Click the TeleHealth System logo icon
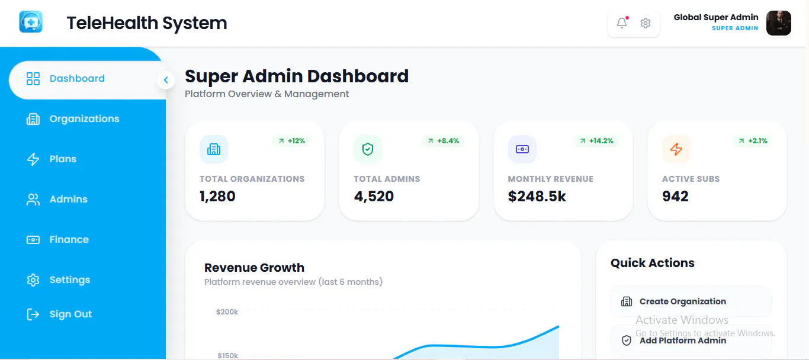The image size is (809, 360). (31, 22)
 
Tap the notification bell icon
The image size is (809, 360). (622, 23)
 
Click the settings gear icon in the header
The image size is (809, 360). (646, 23)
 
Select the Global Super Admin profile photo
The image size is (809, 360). (779, 23)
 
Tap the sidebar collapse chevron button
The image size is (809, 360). (166, 80)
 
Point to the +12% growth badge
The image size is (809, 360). (291, 141)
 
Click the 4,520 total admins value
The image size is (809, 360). (374, 197)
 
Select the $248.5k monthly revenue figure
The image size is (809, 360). (537, 197)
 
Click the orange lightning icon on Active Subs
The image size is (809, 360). (676, 149)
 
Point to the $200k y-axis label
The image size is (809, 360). (227, 312)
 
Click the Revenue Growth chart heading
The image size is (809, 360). (254, 268)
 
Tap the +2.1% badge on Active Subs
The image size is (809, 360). (753, 141)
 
